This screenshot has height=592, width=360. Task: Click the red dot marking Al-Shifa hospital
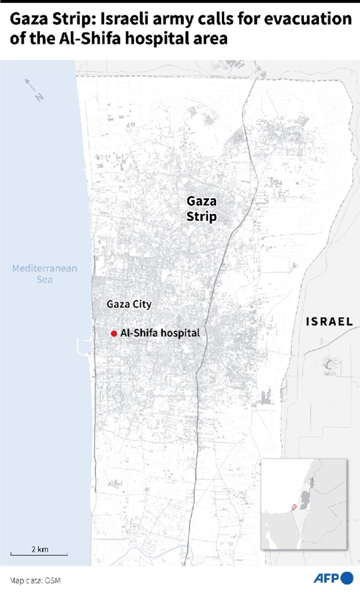(x=114, y=334)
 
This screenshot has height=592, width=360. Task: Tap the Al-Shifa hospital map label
(x=160, y=333)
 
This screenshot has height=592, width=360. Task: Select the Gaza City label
(x=129, y=304)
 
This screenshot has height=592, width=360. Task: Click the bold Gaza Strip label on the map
(x=202, y=209)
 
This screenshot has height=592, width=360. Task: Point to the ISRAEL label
(x=329, y=321)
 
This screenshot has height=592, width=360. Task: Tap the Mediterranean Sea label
(x=45, y=274)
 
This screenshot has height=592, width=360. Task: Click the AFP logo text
(x=326, y=578)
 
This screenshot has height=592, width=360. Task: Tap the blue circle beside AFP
(x=347, y=578)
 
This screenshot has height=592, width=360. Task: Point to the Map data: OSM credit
(x=36, y=581)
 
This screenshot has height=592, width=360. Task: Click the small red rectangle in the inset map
(x=294, y=507)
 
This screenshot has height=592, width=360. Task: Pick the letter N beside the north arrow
(x=39, y=97)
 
